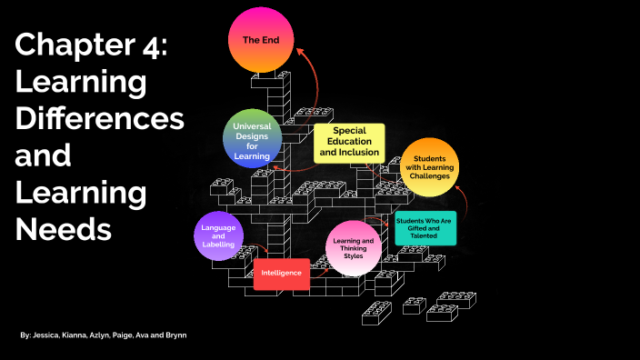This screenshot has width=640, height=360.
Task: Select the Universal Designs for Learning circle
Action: point(252,140)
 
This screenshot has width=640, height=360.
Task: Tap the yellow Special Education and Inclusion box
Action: point(349,144)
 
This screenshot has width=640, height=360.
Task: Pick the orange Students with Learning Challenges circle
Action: point(429,169)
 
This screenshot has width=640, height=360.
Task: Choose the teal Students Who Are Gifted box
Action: point(425,227)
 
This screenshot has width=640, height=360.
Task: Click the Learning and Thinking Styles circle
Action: point(351,248)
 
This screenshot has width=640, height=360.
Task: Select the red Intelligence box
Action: point(281,273)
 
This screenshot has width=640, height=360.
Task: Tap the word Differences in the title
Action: point(99,118)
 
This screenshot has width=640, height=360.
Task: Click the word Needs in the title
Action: point(63,228)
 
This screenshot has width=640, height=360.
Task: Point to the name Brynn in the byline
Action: point(175,336)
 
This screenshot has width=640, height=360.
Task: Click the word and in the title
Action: point(43,155)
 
